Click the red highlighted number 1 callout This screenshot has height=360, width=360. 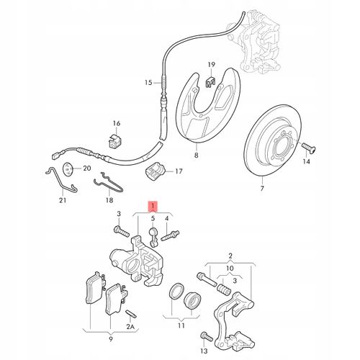click(x=153, y=207)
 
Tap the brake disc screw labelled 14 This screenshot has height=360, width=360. click(x=309, y=148)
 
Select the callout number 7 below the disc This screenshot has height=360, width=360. click(x=262, y=188)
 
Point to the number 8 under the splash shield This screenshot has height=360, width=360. click(x=197, y=156)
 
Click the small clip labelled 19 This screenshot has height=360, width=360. click(x=211, y=82)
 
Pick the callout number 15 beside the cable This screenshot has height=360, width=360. click(x=148, y=83)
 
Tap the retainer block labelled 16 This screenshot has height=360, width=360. click(x=114, y=141)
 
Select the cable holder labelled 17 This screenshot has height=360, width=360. click(x=156, y=171)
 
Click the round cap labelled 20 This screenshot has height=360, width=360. click(x=68, y=169)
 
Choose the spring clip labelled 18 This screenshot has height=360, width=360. click(x=108, y=182)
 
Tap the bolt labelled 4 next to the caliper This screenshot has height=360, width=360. click(x=170, y=236)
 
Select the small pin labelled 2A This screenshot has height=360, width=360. click(x=131, y=314)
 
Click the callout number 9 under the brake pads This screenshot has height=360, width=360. click(x=111, y=339)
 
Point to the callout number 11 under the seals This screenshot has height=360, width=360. click(x=181, y=325)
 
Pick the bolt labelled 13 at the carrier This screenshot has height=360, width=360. click(x=207, y=336)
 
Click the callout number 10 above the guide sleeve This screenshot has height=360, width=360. click(x=230, y=268)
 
